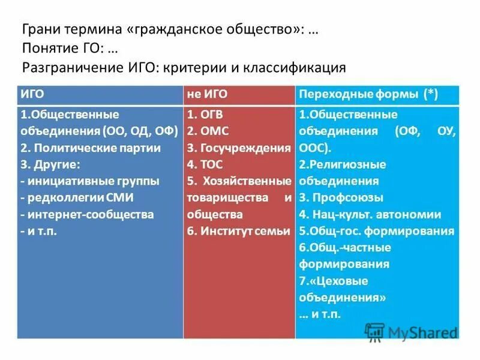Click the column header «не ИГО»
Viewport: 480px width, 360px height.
click(207, 94)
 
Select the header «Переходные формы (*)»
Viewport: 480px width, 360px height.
click(367, 94)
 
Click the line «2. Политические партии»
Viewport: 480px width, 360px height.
click(91, 147)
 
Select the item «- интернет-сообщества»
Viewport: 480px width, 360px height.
click(87, 214)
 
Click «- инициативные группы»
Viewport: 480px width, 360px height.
click(90, 181)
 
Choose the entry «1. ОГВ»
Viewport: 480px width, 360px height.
click(207, 114)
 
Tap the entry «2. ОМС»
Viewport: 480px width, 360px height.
click(208, 131)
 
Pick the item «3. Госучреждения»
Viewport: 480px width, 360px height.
click(239, 148)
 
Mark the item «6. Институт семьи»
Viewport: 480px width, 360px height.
click(238, 230)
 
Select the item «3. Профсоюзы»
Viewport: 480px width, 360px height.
click(341, 197)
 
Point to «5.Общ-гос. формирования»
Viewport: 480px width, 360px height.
click(376, 231)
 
